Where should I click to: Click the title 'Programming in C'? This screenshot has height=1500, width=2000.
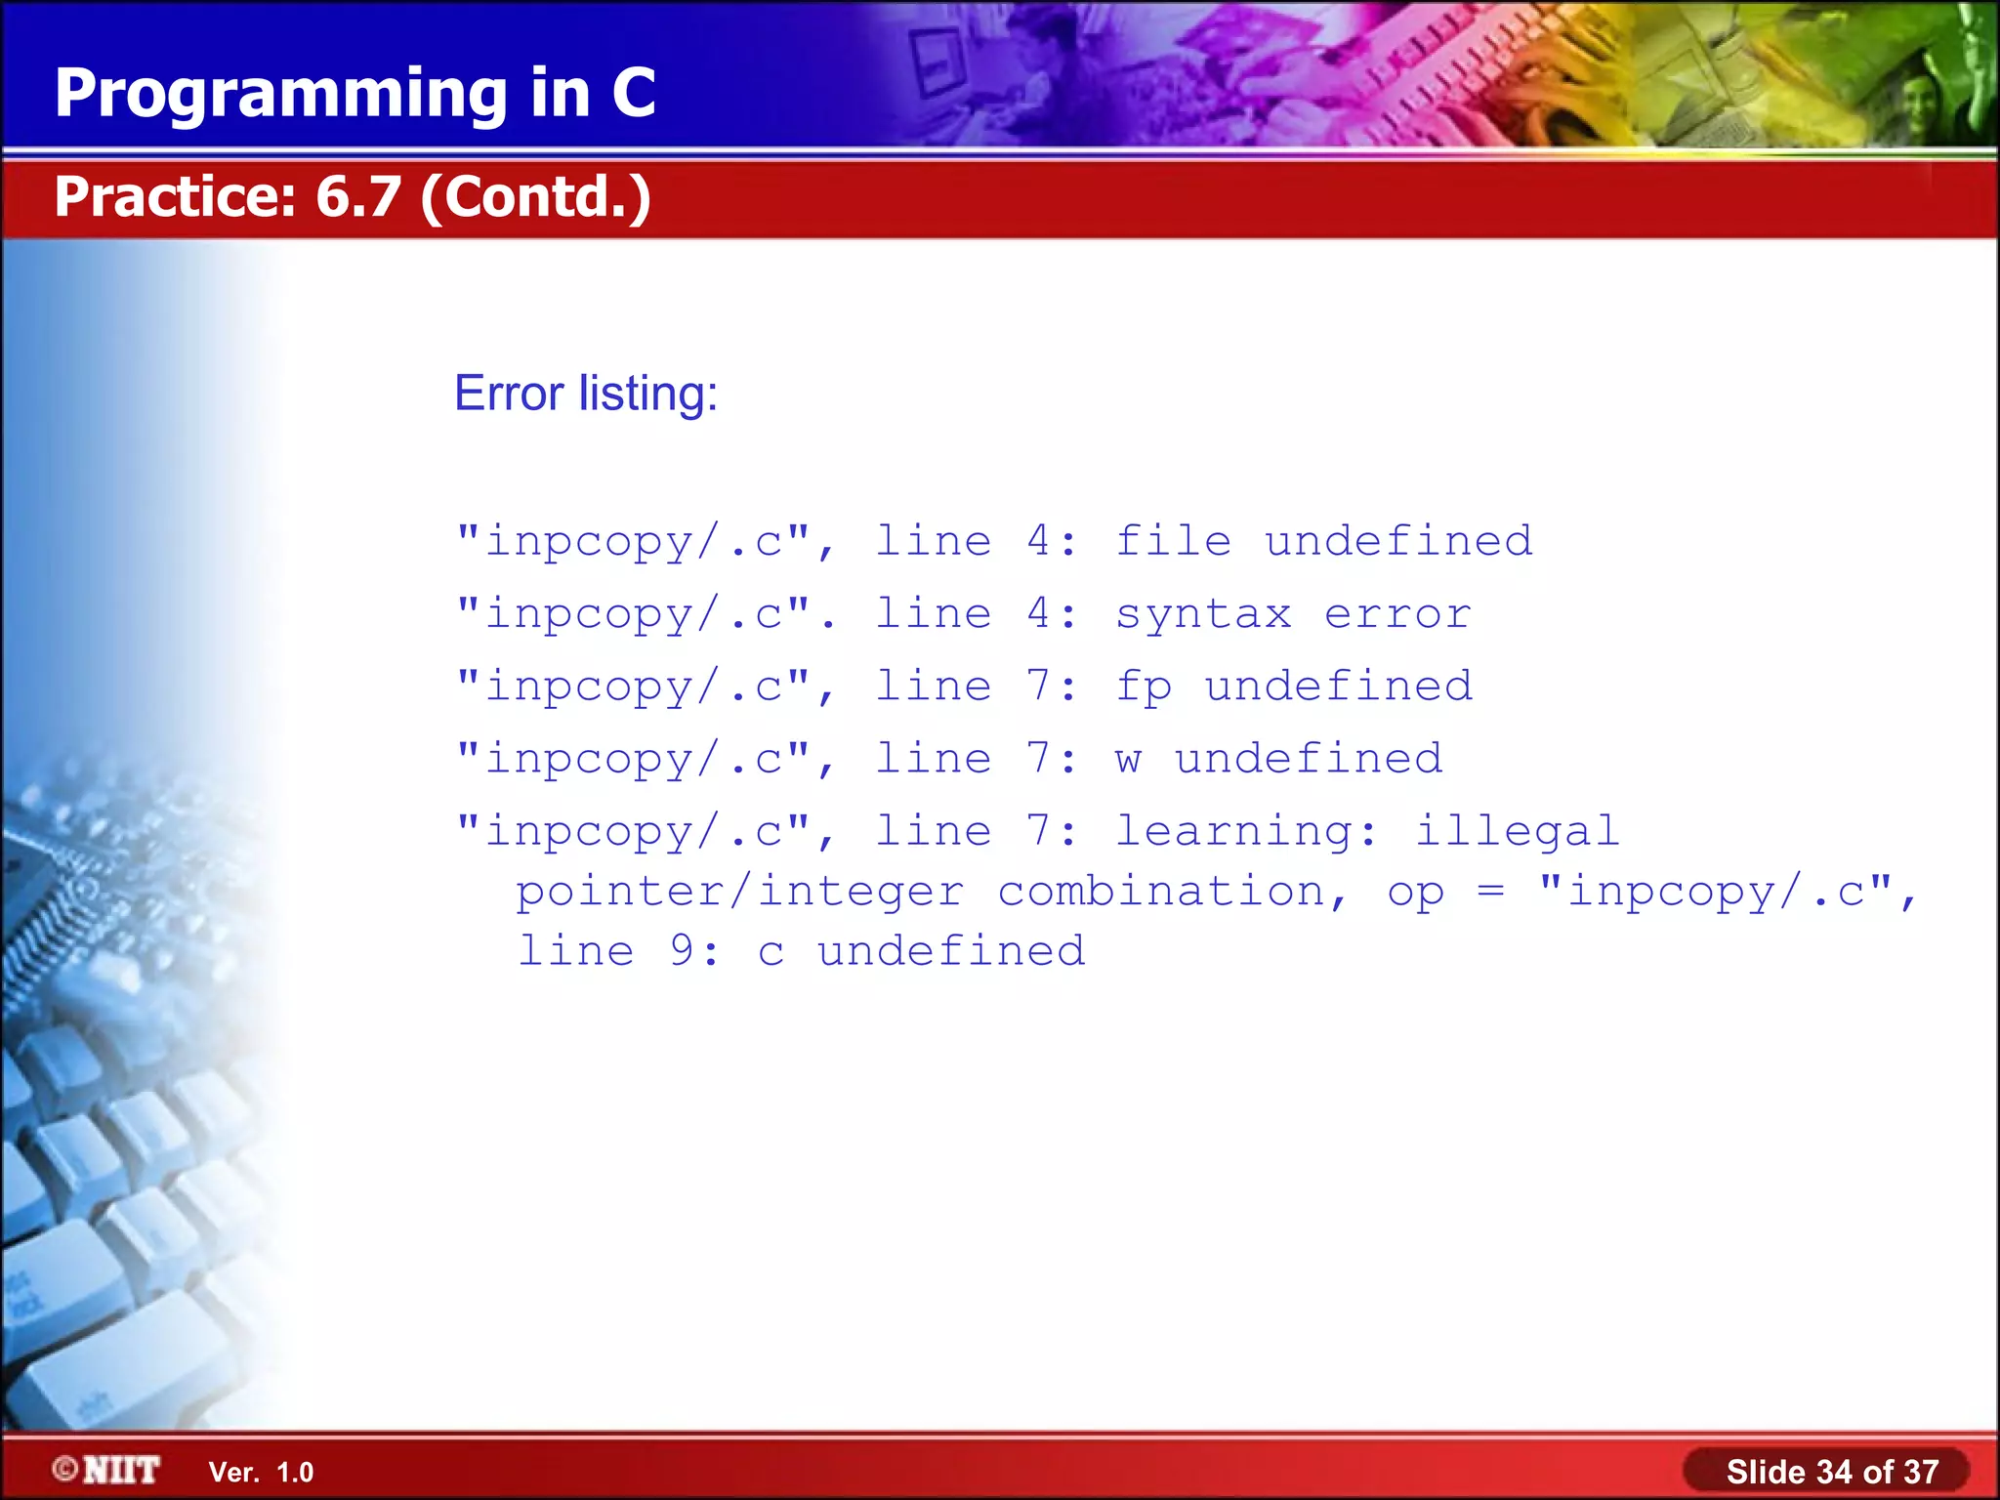click(x=354, y=93)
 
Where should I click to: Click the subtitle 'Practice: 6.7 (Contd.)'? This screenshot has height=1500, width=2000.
click(x=353, y=196)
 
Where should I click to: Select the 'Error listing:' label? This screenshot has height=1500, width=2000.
click(x=586, y=394)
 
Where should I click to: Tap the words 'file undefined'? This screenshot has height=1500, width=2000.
click(x=1323, y=540)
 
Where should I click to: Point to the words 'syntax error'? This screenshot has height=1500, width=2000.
click(x=1293, y=613)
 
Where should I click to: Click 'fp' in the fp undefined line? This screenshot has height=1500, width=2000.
click(x=1144, y=687)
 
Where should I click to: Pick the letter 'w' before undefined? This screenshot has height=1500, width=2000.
click(x=1129, y=759)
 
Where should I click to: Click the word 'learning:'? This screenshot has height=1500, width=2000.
click(x=1246, y=832)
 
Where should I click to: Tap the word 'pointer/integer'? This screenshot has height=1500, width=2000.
click(x=739, y=892)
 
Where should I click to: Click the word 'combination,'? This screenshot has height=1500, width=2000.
click(x=1173, y=892)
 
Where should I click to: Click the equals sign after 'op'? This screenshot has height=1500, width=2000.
click(x=1490, y=891)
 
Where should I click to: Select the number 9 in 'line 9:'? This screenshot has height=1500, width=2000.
click(x=683, y=950)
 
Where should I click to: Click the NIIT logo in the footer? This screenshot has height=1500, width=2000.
click(x=107, y=1470)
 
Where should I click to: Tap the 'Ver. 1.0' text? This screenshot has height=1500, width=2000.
click(x=261, y=1472)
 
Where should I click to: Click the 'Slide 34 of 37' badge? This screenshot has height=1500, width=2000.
click(x=1831, y=1471)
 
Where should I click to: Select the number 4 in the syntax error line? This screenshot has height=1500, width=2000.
click(x=1039, y=613)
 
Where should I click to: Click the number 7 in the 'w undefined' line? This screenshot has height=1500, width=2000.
click(x=1039, y=759)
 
